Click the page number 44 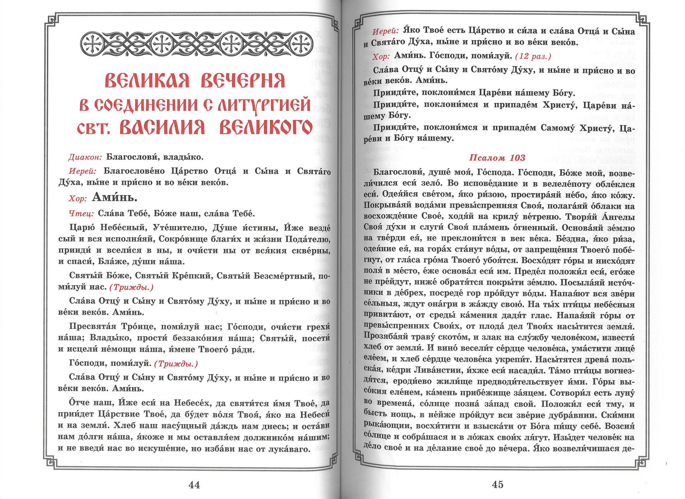coord(194,485)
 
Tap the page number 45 coord(498,484)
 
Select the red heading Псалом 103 coord(497,158)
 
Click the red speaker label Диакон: coord(85,157)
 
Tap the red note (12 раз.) coord(533,56)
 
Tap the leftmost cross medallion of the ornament coord(92,44)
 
